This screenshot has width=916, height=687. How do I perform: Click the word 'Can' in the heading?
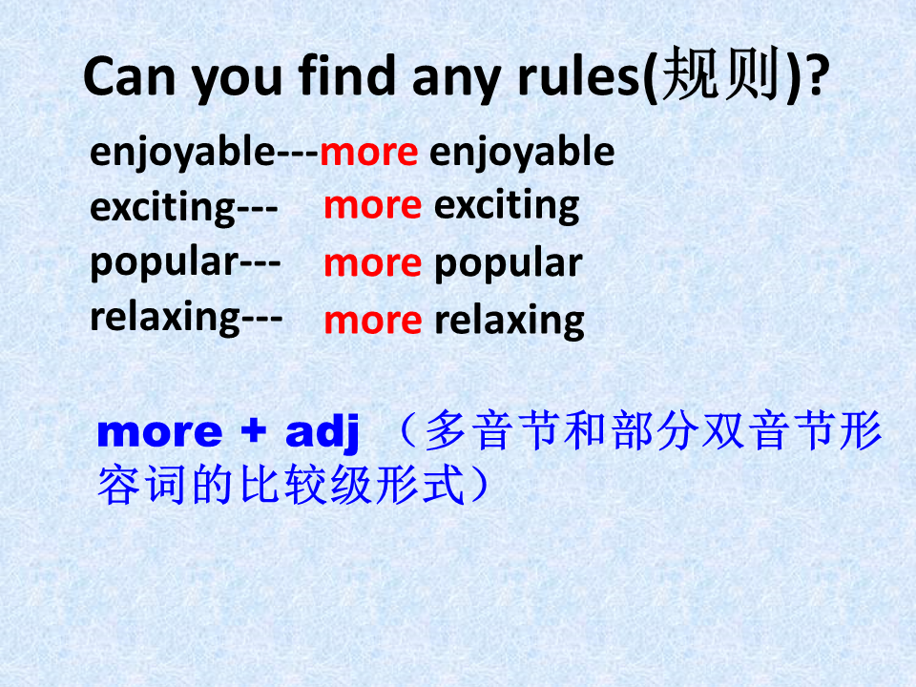coord(130,76)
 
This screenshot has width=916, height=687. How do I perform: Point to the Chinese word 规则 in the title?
coord(721,73)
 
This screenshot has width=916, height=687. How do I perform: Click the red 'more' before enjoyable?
coord(369,153)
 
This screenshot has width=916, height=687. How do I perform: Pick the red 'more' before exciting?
coord(373,206)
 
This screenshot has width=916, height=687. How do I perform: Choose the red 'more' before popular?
coord(373,264)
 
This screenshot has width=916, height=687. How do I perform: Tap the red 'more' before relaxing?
coord(373,322)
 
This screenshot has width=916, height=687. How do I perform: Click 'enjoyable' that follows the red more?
coord(522,153)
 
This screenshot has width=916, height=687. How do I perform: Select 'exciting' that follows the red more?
coord(507,206)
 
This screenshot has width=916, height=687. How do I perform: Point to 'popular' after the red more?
coord(509,264)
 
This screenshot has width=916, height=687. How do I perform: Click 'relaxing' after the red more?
coord(510,322)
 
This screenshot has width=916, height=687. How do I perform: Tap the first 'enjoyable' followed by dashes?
coord(182,153)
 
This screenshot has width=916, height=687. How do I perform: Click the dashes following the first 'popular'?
coord(260,264)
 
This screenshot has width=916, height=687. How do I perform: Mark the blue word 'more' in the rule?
coord(159,433)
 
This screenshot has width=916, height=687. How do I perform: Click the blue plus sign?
coord(254,431)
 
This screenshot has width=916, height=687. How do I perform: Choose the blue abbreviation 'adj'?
coord(322,433)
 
